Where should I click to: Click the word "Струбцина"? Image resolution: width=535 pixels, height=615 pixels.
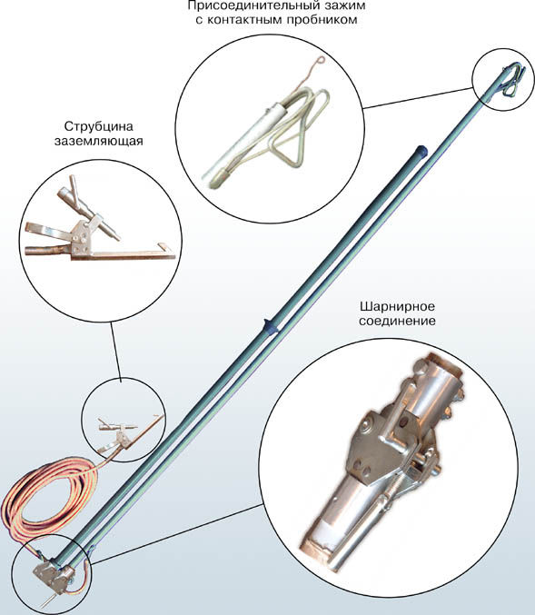(99, 126)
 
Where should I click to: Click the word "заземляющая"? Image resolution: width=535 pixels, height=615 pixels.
(98, 141)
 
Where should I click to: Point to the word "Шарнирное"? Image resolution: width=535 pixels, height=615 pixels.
(397, 306)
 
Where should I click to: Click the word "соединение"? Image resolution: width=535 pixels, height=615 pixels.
(397, 321)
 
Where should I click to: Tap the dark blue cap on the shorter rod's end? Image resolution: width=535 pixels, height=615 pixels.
(421, 150)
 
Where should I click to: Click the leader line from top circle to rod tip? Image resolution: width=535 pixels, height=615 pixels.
(418, 98)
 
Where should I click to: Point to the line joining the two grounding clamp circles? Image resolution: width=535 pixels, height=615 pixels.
(116, 350)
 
